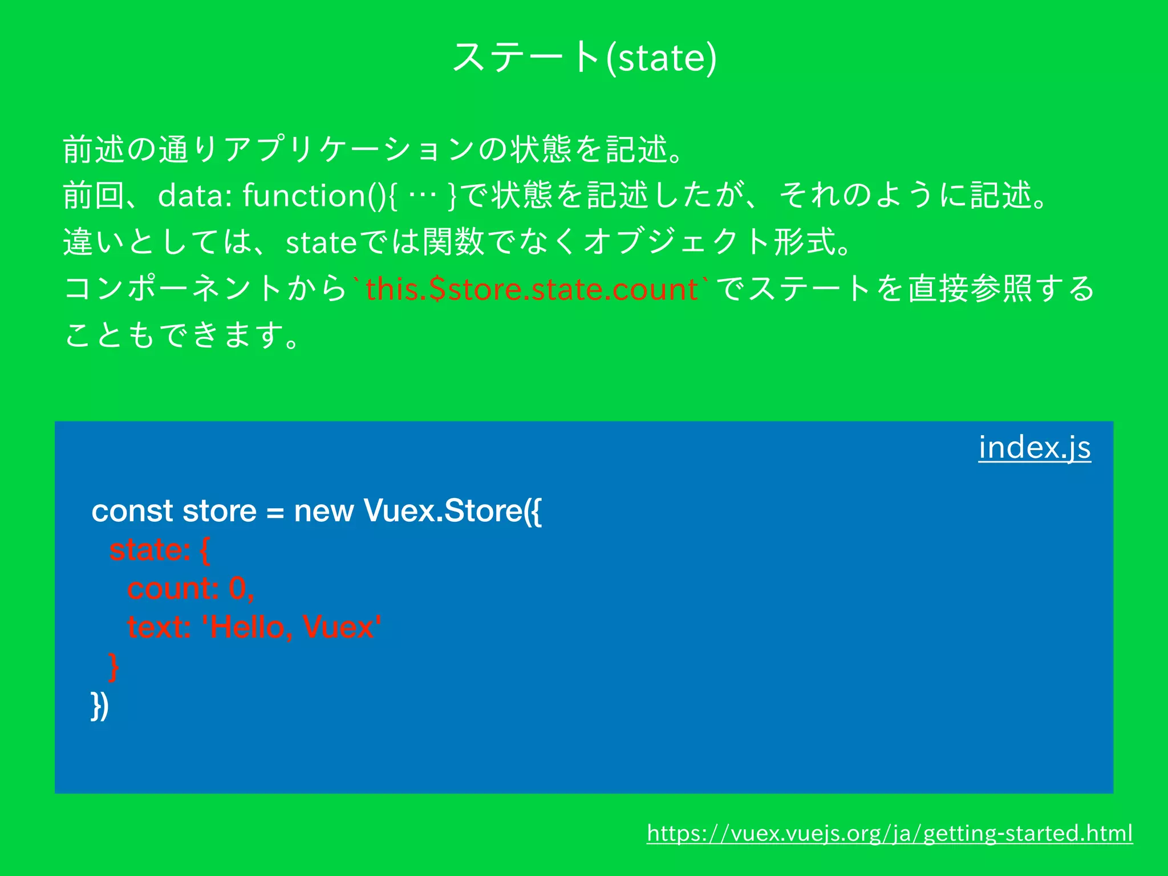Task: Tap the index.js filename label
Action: pos(1034,447)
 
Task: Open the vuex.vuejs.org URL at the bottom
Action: pos(889,833)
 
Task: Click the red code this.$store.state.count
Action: pos(532,289)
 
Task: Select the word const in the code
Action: pos(132,510)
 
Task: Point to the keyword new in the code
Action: pos(323,510)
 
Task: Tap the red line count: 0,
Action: pos(190,589)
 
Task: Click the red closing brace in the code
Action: pos(113,666)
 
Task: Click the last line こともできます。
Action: pos(182,335)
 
